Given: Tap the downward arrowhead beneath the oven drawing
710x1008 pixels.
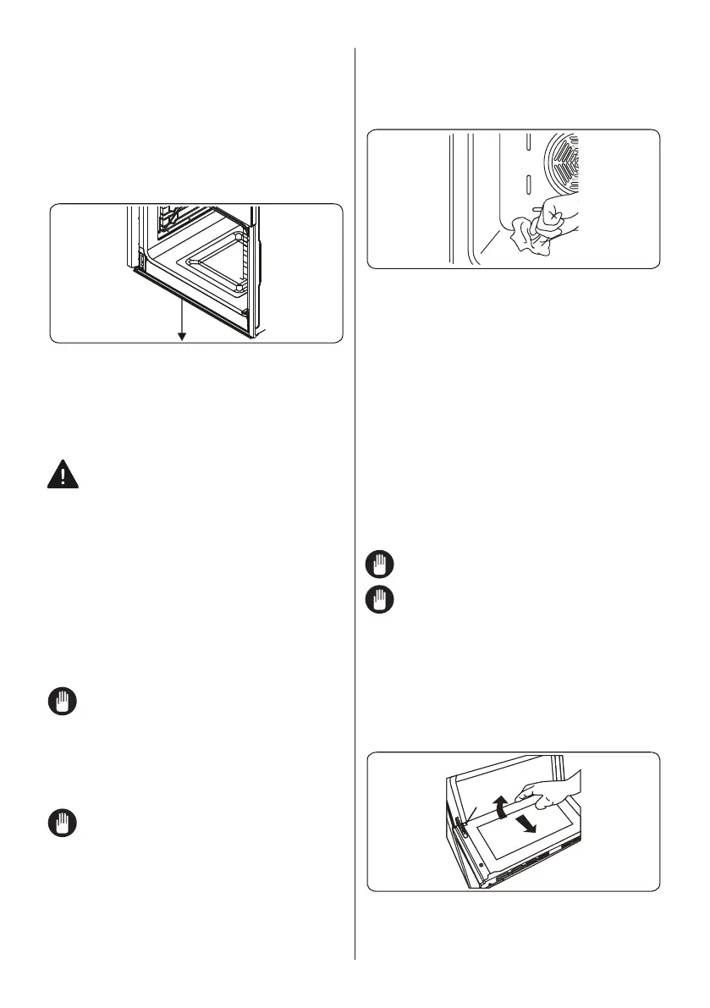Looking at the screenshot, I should pos(181,337).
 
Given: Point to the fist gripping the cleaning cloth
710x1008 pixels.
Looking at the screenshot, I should pos(558,216).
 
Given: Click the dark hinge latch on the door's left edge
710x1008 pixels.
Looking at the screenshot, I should pos(460,826).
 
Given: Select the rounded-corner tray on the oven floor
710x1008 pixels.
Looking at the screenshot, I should pos(215,271).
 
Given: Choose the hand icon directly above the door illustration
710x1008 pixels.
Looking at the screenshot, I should pos(379,601).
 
